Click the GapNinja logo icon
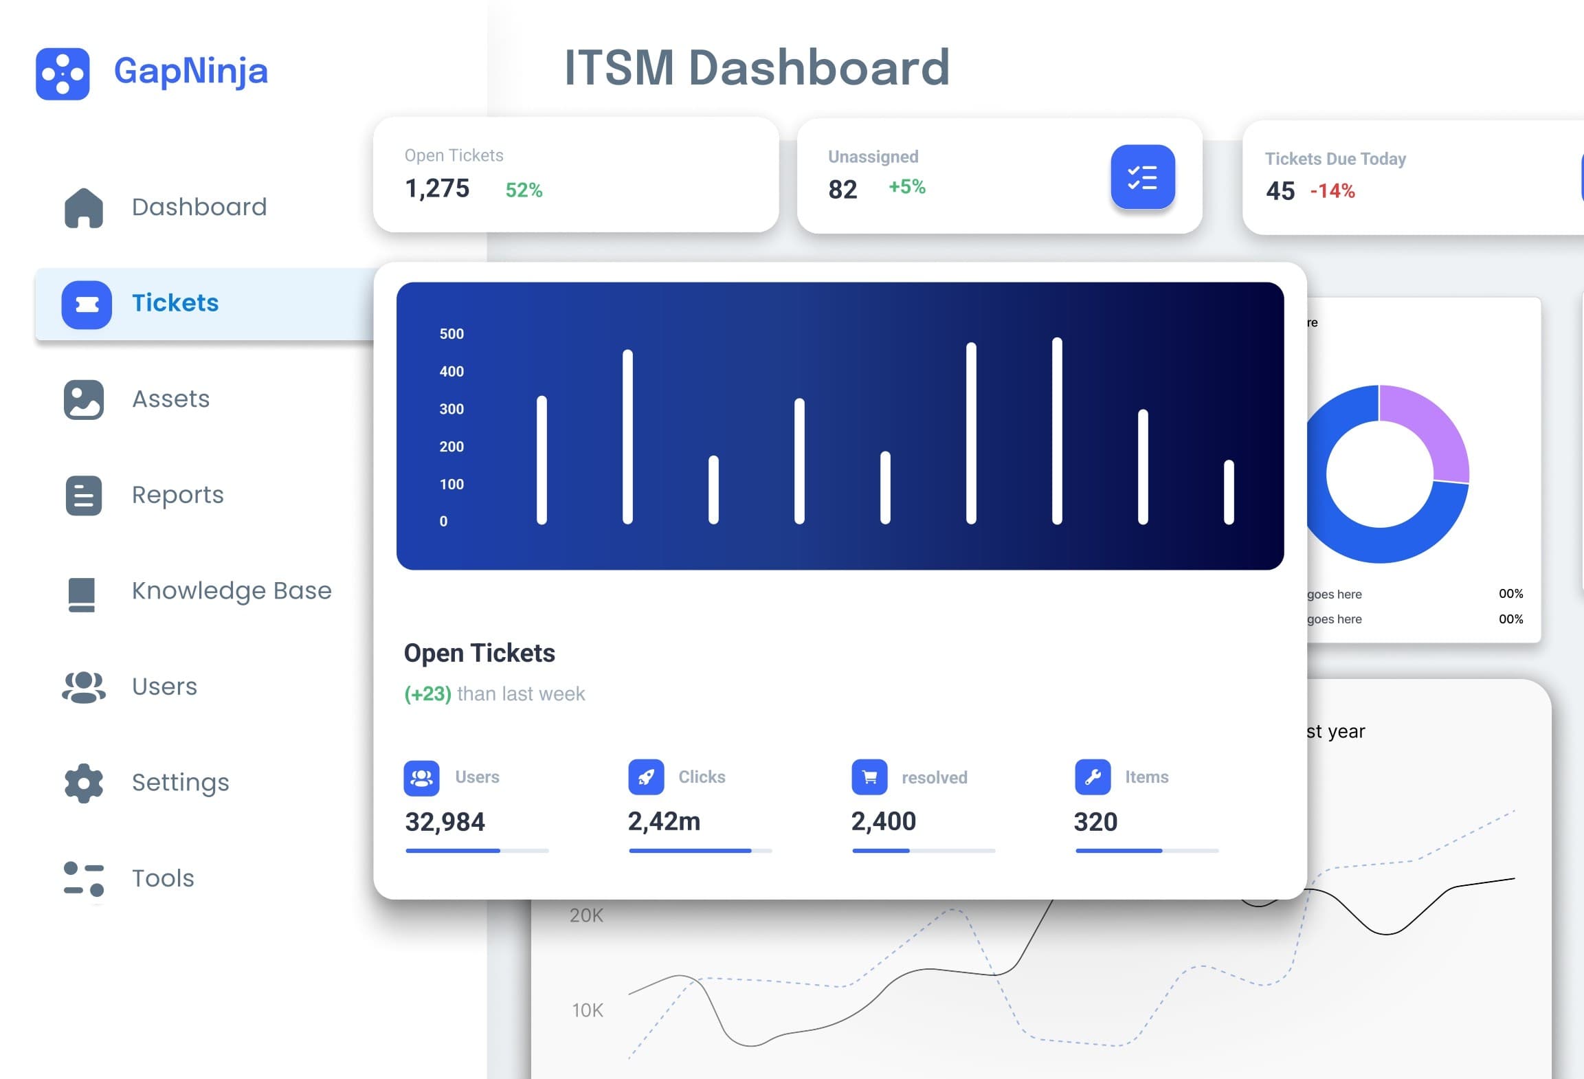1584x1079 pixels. click(63, 74)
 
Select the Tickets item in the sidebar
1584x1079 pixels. click(175, 303)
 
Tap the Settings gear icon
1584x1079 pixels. click(84, 783)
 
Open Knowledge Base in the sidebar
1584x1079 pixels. click(231, 591)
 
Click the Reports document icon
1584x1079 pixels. click(84, 496)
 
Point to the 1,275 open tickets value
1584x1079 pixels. click(437, 188)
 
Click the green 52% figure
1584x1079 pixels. click(524, 190)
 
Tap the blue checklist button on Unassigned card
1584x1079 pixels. click(1142, 177)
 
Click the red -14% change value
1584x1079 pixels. click(1332, 191)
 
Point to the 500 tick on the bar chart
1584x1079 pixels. click(451, 334)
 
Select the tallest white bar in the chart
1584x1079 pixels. click(1057, 430)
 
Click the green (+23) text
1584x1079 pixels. click(427, 694)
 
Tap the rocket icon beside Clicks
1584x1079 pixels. click(646, 777)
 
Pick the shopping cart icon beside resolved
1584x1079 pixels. click(869, 777)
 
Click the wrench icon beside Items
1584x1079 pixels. click(1093, 777)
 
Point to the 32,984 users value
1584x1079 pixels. click(445, 822)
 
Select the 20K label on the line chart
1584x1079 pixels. click(586, 915)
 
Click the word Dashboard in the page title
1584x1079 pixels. click(818, 68)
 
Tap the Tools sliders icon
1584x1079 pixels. click(84, 879)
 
